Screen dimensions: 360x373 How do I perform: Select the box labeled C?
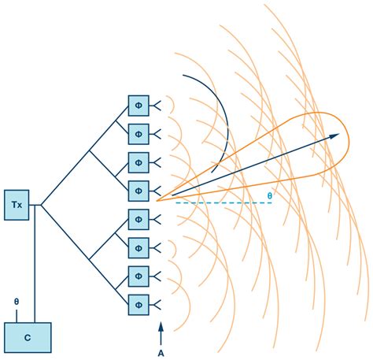pos(28,338)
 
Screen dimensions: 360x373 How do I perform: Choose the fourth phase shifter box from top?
pos(138,190)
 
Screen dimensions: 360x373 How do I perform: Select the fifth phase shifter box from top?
pos(138,219)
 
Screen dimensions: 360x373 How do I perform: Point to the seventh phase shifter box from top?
pos(138,276)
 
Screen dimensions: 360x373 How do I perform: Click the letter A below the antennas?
pos(161,353)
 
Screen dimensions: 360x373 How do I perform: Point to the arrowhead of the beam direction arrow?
pos(336,136)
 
